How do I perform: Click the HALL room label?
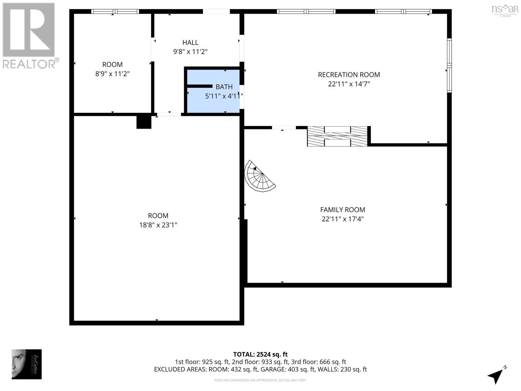[x=190, y=42]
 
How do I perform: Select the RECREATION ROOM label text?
[x=349, y=75]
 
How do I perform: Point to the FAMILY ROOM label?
[x=343, y=210]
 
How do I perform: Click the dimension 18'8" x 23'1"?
[x=158, y=225]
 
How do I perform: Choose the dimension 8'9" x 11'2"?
[x=112, y=74]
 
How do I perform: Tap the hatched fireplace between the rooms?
[x=337, y=136]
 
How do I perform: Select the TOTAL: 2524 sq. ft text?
[x=260, y=354]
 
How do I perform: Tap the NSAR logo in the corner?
[x=505, y=9]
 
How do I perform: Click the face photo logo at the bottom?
[x=27, y=364]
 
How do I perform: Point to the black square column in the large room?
[x=144, y=122]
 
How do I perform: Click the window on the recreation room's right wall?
[x=449, y=65]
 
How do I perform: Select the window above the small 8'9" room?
[x=115, y=11]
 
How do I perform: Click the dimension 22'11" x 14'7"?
[x=349, y=84]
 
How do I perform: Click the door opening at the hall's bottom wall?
[x=169, y=114]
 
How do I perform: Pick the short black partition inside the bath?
[x=200, y=86]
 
